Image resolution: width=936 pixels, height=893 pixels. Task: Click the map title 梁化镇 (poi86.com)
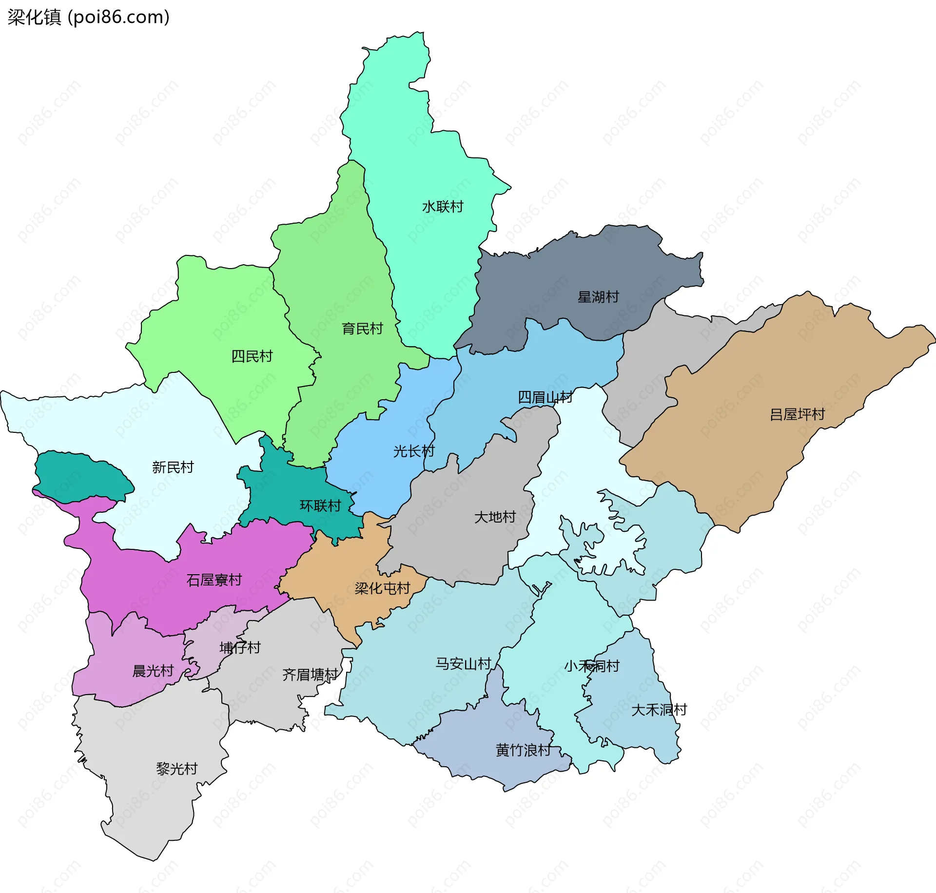(88, 17)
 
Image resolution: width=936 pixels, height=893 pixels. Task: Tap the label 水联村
(442, 207)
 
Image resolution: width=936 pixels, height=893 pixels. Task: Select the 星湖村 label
(598, 297)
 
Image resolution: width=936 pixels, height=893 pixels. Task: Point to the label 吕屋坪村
(797, 414)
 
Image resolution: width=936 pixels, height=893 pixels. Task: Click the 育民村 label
(362, 329)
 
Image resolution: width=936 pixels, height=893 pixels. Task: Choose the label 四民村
(252, 356)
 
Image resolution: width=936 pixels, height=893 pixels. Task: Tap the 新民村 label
(173, 467)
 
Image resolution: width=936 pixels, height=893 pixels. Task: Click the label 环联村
(320, 506)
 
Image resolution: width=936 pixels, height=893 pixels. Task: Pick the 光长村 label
(413, 451)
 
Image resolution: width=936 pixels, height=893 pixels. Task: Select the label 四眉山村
(545, 397)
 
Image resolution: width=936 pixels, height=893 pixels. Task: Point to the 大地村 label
(495, 517)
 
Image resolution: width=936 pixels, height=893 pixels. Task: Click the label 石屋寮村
(214, 580)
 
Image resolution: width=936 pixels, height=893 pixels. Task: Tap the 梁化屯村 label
(382, 588)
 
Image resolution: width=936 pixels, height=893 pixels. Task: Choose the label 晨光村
(153, 671)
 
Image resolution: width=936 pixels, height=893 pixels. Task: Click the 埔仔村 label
(240, 648)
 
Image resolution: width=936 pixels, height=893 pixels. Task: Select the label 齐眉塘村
(310, 675)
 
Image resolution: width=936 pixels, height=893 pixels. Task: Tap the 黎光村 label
(176, 769)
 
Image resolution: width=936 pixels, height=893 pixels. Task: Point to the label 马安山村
(463, 663)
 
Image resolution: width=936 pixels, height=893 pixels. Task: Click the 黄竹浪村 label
(523, 750)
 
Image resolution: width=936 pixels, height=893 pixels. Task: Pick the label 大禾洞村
(659, 710)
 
